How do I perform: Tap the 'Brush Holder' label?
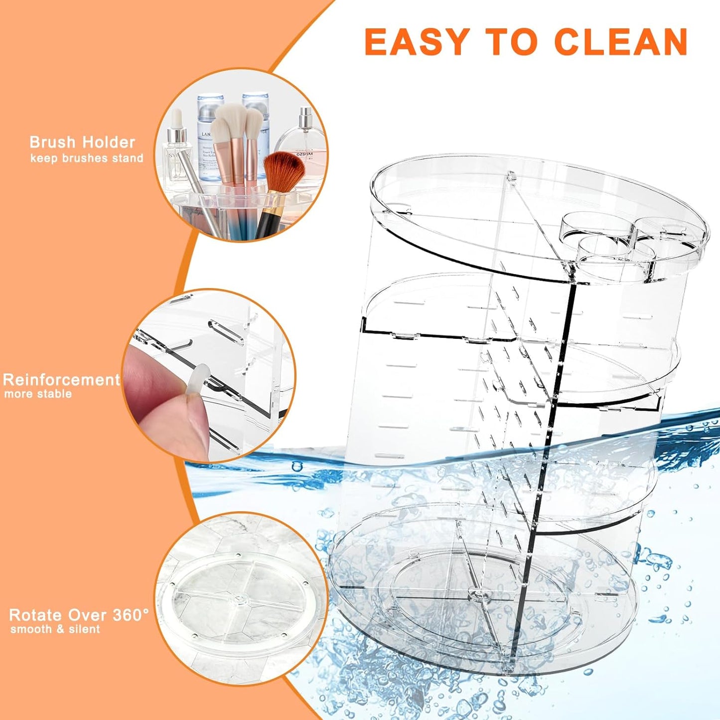[x=82, y=143]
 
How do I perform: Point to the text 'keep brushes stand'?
[x=87, y=158]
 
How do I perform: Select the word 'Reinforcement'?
[x=61, y=380]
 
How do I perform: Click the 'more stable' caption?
[x=38, y=394]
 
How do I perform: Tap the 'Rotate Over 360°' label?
[x=79, y=615]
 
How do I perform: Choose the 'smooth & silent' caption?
[x=55, y=629]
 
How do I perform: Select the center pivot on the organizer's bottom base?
[x=477, y=593]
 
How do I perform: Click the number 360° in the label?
[x=131, y=615]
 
